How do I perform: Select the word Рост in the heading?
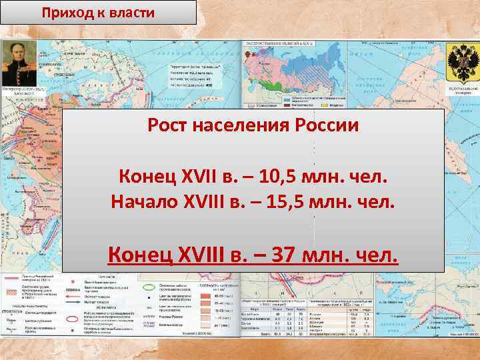(x=169, y=126)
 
